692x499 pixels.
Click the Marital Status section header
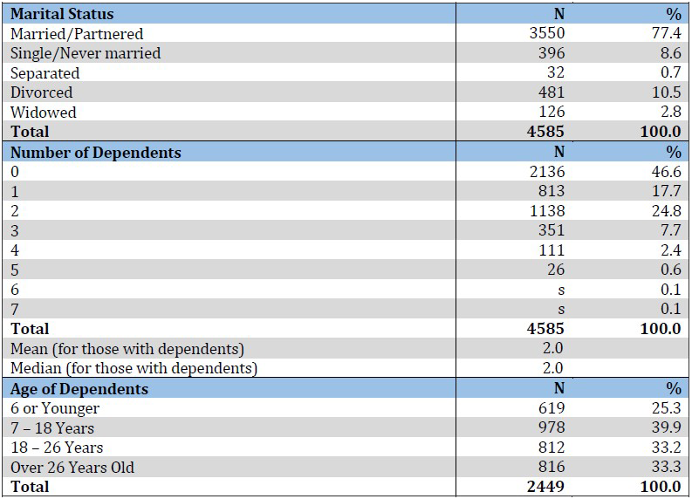[62, 14]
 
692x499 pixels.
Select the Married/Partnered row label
[77, 34]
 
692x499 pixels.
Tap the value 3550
[547, 34]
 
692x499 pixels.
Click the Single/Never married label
[86, 53]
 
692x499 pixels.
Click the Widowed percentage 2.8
[668, 113]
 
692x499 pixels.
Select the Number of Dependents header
[96, 153]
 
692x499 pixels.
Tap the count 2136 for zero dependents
[547, 172]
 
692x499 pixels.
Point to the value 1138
[547, 211]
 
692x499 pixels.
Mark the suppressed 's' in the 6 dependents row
[561, 290]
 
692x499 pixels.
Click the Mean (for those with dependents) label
[127, 349]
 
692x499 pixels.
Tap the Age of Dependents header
[79, 389]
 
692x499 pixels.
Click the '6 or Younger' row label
[55, 408]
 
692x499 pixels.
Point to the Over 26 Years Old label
[72, 468]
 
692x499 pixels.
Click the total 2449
[547, 487]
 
